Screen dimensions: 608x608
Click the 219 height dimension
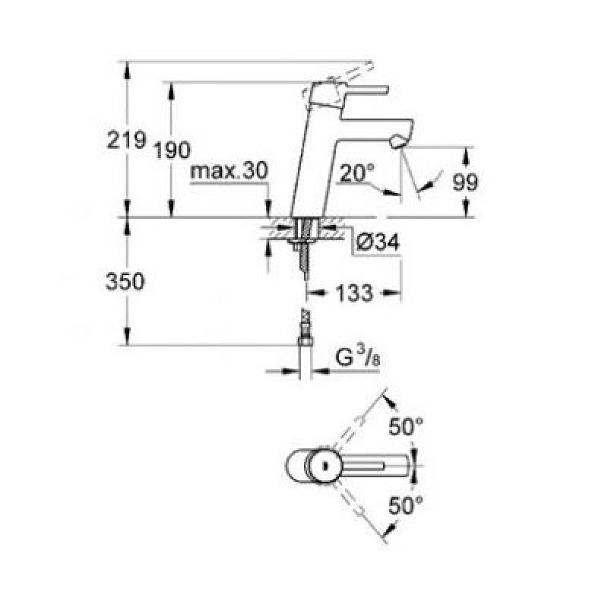126,140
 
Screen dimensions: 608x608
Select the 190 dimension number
173,150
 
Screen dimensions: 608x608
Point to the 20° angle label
357,173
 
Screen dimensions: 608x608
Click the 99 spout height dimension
465,182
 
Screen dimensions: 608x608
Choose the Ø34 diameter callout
377,242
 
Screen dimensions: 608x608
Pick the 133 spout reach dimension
354,293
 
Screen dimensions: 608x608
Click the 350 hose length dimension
125,281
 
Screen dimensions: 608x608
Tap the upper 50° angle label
406,426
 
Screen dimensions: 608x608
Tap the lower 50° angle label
406,505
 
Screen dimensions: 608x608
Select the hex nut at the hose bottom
305,341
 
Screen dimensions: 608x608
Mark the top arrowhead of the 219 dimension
126,70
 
